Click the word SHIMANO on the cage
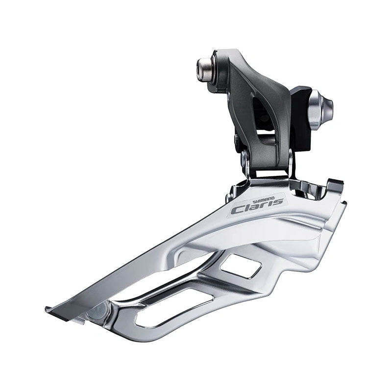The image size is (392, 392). (x=264, y=199)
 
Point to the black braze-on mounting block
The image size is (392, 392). (x=301, y=118)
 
